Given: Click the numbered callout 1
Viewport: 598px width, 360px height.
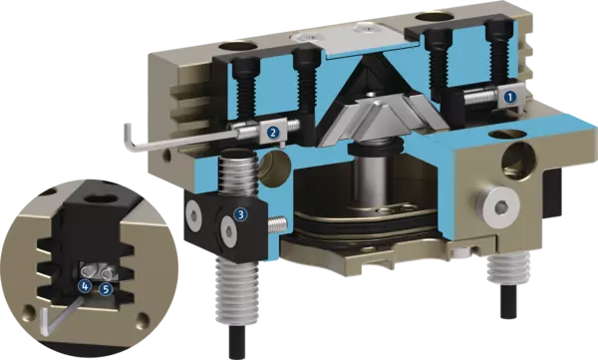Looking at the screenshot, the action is (x=510, y=97).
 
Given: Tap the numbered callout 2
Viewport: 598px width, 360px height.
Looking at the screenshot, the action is (x=272, y=132).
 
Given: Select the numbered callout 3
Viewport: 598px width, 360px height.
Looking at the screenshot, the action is (x=240, y=214).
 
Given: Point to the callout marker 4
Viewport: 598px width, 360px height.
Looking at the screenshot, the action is (x=85, y=285).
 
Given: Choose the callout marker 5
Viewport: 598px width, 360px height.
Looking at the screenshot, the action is (x=106, y=289).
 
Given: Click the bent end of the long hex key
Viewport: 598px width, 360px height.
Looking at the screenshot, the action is (x=129, y=138).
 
